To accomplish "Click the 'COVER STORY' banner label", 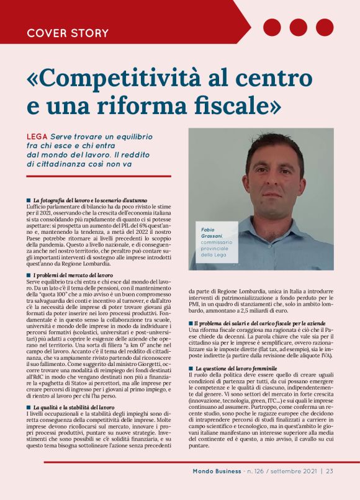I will pos(68,32).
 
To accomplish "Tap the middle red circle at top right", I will pos(299,27).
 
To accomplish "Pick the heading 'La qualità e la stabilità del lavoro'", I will pos(74,407).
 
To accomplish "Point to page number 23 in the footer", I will pos(329,470).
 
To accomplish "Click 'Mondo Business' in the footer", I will pos(217,470).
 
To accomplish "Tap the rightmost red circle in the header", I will pos(325,27).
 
